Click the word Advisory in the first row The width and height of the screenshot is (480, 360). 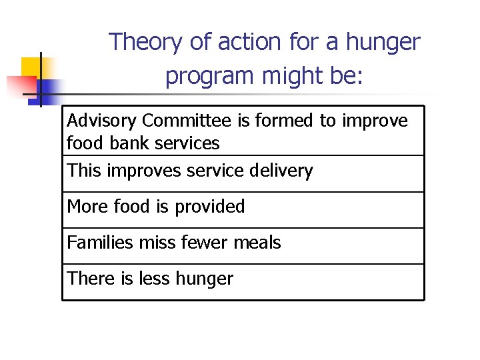point(102,121)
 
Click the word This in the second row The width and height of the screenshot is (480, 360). point(83,171)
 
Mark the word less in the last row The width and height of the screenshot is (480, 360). point(153,279)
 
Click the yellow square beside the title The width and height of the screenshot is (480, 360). point(32,67)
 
